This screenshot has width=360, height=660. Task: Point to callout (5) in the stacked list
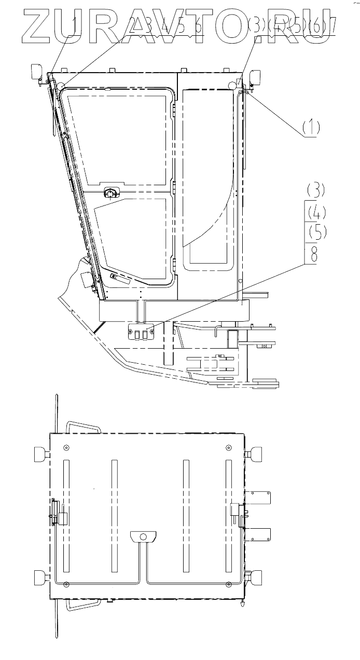coord(315,231)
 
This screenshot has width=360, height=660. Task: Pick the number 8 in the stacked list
coord(313,254)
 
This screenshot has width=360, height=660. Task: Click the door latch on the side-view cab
coord(110,193)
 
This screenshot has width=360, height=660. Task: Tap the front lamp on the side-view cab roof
coord(38,72)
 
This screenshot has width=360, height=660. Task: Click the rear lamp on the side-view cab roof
coord(255,78)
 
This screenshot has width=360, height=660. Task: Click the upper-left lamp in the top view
coord(40,453)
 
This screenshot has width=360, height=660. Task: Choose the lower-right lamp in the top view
coord(256,577)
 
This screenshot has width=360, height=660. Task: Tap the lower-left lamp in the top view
coord(39,577)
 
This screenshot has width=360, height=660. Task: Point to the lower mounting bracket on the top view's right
coord(259,535)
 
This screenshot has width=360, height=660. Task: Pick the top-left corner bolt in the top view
coord(66,448)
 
